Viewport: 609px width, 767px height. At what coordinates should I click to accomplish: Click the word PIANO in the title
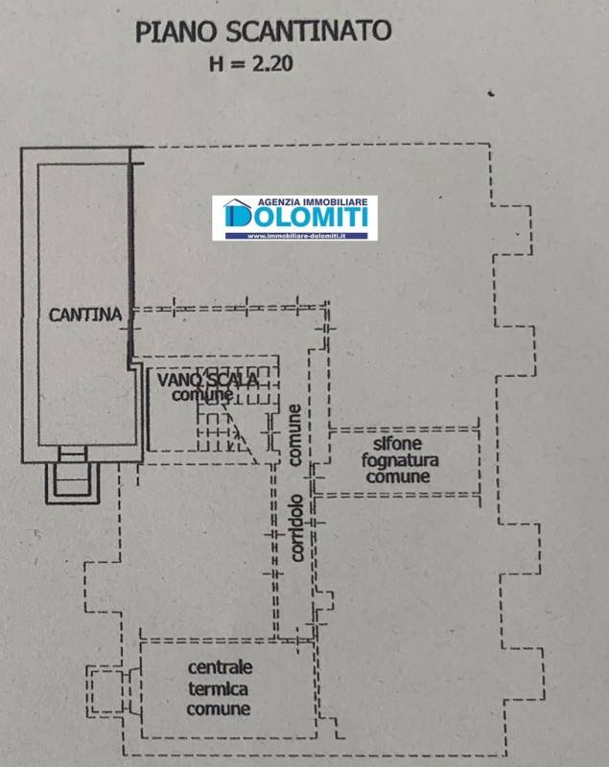click(176, 32)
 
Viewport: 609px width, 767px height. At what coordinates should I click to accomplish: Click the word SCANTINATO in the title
click(309, 32)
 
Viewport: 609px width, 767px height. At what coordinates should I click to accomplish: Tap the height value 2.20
click(272, 63)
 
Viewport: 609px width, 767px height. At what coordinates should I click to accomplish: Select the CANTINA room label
click(85, 314)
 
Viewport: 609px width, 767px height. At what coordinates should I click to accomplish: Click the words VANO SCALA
click(208, 380)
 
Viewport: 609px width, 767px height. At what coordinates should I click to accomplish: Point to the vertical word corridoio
click(296, 528)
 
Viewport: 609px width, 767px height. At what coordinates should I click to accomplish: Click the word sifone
click(397, 443)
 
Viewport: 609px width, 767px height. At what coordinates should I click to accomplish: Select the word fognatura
click(400, 461)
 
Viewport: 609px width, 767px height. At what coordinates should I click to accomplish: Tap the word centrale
click(221, 667)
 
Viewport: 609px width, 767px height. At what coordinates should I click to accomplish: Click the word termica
click(218, 688)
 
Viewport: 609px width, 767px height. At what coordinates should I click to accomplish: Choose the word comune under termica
click(218, 709)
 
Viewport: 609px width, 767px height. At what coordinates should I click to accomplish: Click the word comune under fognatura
click(398, 476)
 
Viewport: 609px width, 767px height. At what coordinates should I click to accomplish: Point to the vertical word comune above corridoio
click(295, 435)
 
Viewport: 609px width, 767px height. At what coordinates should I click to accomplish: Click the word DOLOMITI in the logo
click(295, 217)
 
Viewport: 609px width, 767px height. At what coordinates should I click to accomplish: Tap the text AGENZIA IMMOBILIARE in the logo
click(313, 201)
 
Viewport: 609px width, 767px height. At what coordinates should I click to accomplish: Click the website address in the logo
click(296, 236)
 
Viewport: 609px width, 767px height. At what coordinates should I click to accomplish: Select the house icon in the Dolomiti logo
click(236, 212)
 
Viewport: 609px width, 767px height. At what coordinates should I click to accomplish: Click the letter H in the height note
click(216, 63)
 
